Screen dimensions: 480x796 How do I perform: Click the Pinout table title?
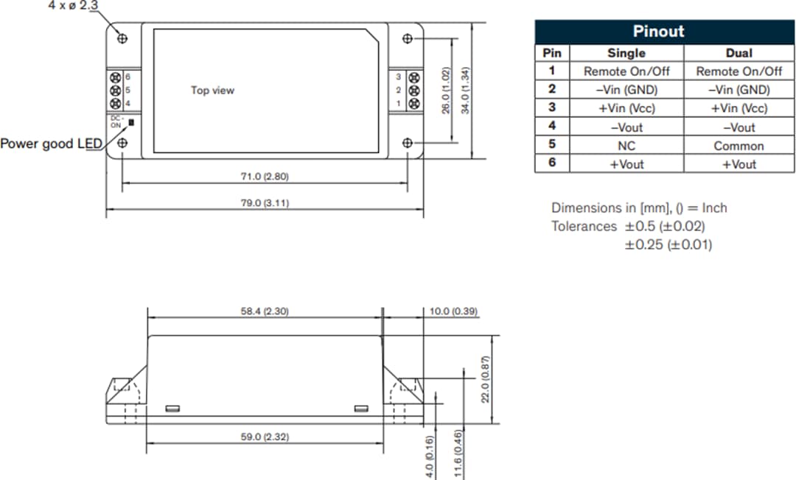pos(657,32)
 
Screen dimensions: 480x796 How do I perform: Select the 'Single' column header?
pos(626,53)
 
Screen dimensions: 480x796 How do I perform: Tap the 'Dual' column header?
pos(739,53)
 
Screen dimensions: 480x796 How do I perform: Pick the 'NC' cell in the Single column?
pos(626,146)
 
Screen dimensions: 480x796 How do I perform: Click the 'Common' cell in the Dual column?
pos(739,146)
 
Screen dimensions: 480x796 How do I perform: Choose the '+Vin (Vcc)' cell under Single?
pos(626,108)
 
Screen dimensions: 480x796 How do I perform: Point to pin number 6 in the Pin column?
pos(552,163)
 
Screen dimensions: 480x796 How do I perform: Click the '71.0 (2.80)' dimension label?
pos(265,177)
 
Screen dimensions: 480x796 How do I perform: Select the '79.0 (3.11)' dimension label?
pos(265,202)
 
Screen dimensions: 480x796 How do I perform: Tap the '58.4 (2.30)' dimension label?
pos(265,311)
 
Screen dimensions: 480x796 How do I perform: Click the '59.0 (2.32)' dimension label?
pos(265,437)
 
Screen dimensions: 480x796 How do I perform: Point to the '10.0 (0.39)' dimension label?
pos(453,311)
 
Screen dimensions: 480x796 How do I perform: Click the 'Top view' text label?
pos(212,91)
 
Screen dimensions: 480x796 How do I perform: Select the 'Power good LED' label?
pos(47,144)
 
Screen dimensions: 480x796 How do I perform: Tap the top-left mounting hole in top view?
pos(122,38)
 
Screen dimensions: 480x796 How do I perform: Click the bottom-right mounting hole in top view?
pos(408,142)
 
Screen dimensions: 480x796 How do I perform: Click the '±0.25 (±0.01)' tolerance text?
pos(668,244)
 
